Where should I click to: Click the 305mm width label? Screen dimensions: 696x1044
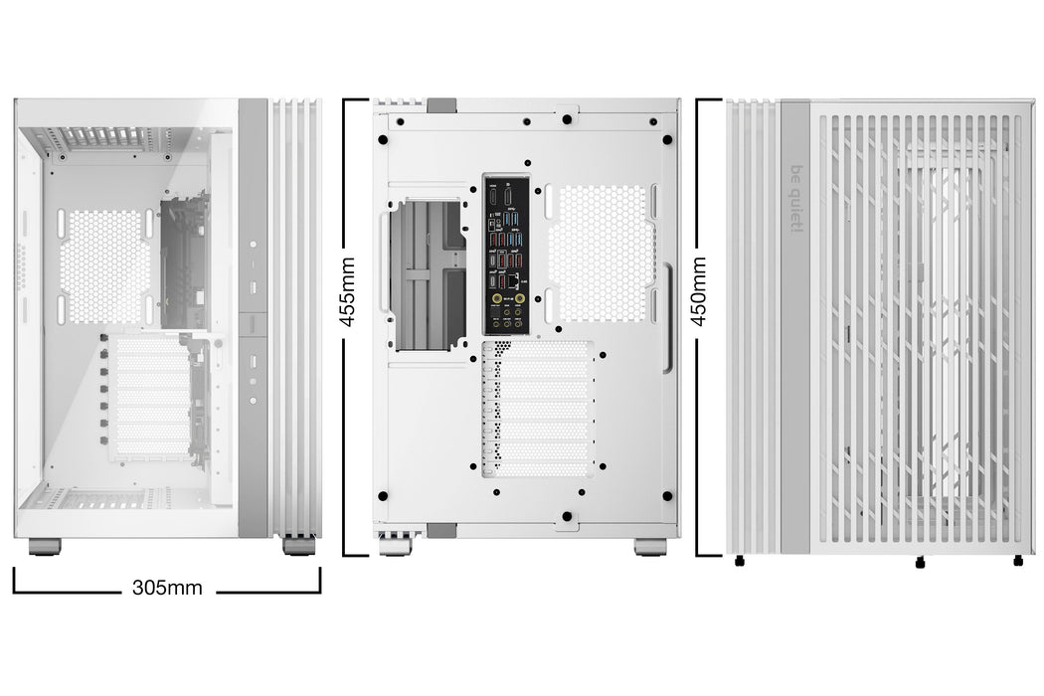point(166,588)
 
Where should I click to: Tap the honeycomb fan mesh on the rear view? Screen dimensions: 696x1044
point(601,255)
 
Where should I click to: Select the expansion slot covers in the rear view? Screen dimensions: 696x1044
point(537,408)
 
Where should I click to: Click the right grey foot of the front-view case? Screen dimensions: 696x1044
point(296,545)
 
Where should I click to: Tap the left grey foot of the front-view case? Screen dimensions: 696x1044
point(45,546)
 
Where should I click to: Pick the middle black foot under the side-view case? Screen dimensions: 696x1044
point(919,564)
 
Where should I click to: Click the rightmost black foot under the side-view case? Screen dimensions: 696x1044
point(1017,562)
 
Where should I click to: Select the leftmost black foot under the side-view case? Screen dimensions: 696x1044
point(739,563)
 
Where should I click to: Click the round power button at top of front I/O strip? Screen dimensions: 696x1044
point(254,244)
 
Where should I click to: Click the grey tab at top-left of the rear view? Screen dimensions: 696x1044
point(440,103)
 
